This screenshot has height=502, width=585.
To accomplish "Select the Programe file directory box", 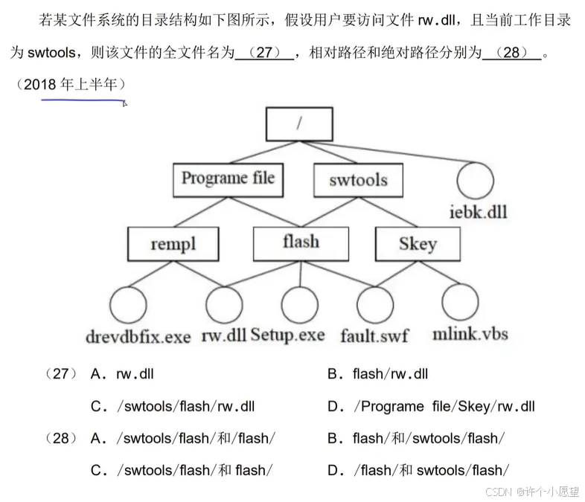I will point(228,179).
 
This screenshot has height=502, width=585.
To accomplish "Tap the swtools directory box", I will point(358,179).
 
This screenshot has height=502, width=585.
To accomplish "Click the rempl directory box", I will point(173,244).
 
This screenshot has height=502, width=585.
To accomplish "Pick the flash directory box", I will point(301,242).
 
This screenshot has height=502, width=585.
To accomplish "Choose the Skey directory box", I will point(417,244).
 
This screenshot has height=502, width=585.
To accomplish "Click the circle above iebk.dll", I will point(476,181).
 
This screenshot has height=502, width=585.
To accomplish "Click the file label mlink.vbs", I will point(470,334).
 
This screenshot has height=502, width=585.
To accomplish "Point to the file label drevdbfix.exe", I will point(138,336).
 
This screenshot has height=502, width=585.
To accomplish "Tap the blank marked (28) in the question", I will point(511,54).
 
